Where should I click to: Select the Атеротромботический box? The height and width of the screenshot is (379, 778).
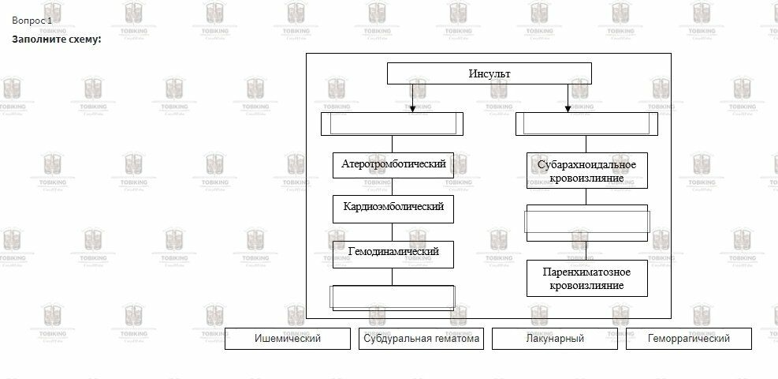[x=393, y=164]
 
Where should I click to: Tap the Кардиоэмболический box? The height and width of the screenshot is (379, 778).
[x=393, y=207]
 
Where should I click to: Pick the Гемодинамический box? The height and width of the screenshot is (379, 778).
[x=393, y=252]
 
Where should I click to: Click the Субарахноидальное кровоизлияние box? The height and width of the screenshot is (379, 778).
[x=586, y=171]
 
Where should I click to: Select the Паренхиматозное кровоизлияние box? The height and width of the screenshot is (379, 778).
[x=586, y=279]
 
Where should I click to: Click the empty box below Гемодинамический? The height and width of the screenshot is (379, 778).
[x=393, y=297]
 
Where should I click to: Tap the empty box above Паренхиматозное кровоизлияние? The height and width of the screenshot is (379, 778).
[x=586, y=223]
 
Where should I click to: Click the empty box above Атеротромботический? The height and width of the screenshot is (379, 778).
[x=393, y=124]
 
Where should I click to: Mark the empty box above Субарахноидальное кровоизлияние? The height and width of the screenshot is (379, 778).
[x=586, y=124]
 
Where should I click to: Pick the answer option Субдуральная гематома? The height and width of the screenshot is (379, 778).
[x=421, y=339]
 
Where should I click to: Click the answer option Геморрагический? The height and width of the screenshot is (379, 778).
[x=688, y=339]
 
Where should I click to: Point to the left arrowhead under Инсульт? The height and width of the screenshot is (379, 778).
[x=412, y=109]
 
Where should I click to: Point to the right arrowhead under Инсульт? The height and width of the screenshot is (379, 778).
[x=568, y=109]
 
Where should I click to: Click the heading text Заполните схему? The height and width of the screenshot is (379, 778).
[x=57, y=39]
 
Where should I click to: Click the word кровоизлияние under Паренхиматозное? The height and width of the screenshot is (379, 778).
[x=586, y=286]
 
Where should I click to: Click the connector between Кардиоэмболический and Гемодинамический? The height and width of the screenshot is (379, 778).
[x=393, y=231]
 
